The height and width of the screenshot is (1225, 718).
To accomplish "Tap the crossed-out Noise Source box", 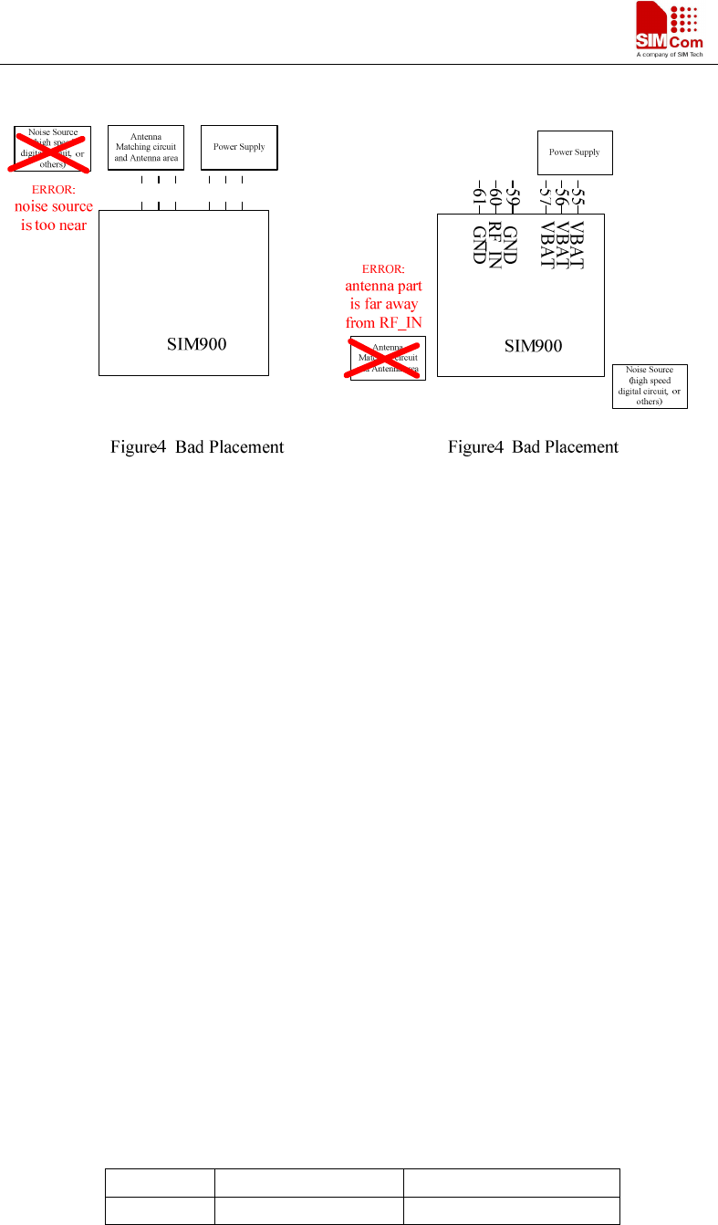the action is [x=52, y=149].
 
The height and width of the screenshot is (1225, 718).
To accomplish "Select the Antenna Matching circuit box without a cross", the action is [x=146, y=147].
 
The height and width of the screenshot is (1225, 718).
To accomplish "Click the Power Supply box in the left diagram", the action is [x=239, y=147].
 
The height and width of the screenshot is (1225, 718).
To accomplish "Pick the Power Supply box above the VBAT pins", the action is [x=575, y=152].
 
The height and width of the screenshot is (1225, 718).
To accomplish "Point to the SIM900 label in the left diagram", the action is [x=196, y=344].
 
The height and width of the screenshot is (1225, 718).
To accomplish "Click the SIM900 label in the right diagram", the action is [x=534, y=346].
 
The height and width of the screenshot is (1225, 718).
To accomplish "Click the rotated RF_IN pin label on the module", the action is [x=494, y=245].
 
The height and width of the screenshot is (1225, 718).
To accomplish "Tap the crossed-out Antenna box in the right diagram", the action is [x=388, y=358].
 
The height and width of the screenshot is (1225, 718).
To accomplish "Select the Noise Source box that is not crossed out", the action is [x=650, y=386].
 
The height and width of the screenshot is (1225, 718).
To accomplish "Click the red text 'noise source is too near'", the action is [x=54, y=215].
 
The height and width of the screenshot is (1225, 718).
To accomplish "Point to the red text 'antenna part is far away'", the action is [x=384, y=303].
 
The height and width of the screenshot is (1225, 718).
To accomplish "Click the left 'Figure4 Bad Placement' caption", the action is [x=197, y=447].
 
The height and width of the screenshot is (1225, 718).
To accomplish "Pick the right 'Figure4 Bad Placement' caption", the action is [x=533, y=447].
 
